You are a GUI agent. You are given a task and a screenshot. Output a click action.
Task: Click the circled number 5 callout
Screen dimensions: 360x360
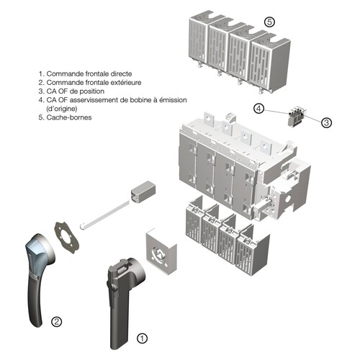269,22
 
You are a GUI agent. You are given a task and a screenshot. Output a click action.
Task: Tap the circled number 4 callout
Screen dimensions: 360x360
258,109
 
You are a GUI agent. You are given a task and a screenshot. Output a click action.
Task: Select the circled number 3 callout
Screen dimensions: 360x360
326,122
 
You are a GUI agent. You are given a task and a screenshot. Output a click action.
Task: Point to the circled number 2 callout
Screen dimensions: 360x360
57,322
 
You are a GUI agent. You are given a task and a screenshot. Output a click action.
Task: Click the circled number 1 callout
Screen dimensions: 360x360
142,338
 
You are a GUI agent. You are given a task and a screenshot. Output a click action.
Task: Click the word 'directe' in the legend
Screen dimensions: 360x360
121,73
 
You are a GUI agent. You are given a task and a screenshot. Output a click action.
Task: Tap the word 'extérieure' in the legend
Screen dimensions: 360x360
126,83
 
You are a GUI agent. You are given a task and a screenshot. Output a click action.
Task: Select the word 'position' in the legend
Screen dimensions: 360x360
92,91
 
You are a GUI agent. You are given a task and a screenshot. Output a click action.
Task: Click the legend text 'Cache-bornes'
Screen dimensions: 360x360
69,117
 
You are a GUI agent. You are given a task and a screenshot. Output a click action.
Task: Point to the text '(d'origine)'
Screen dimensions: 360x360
62,109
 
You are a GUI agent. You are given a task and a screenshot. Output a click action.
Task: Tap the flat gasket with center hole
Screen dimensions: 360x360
67,238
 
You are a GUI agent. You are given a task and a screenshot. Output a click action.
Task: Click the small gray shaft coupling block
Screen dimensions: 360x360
143,192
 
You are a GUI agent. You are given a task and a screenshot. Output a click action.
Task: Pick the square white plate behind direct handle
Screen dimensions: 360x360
161,248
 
